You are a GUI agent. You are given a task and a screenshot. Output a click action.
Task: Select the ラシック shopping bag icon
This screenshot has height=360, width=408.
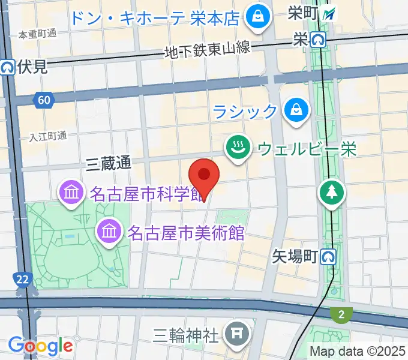pyautogui.click(x=296, y=110)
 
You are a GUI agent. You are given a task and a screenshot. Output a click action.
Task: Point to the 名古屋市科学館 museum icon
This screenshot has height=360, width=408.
pyautogui.click(x=71, y=193)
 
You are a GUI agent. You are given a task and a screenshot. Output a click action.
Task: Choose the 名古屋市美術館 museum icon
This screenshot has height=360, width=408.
pyautogui.click(x=109, y=230)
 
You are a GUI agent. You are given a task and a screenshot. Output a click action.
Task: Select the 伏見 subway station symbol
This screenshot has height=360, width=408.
pyautogui.click(x=8, y=67)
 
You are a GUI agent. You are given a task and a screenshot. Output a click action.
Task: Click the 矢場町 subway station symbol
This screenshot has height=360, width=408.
pyautogui.click(x=328, y=257)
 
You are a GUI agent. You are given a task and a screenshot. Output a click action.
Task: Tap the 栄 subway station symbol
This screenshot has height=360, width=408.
pyautogui.click(x=318, y=40)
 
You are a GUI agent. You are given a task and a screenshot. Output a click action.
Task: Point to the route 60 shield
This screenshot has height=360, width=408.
pyautogui.click(x=43, y=100)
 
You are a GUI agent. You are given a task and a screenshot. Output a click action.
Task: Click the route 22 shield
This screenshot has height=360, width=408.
pyautogui.click(x=21, y=278)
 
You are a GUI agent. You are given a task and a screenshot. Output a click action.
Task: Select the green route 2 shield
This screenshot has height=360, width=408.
pyautogui.click(x=340, y=313)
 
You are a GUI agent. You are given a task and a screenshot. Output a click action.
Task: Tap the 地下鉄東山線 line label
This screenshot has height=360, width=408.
pyautogui.click(x=207, y=50)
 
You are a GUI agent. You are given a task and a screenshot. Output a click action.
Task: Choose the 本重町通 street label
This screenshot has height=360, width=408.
pyautogui.click(x=37, y=34)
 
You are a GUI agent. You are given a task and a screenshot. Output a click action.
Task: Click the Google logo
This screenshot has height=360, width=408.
pyautogui.click(x=40, y=346)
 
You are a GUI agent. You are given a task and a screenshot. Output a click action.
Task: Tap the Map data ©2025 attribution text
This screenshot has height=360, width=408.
pyautogui.click(x=358, y=351)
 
